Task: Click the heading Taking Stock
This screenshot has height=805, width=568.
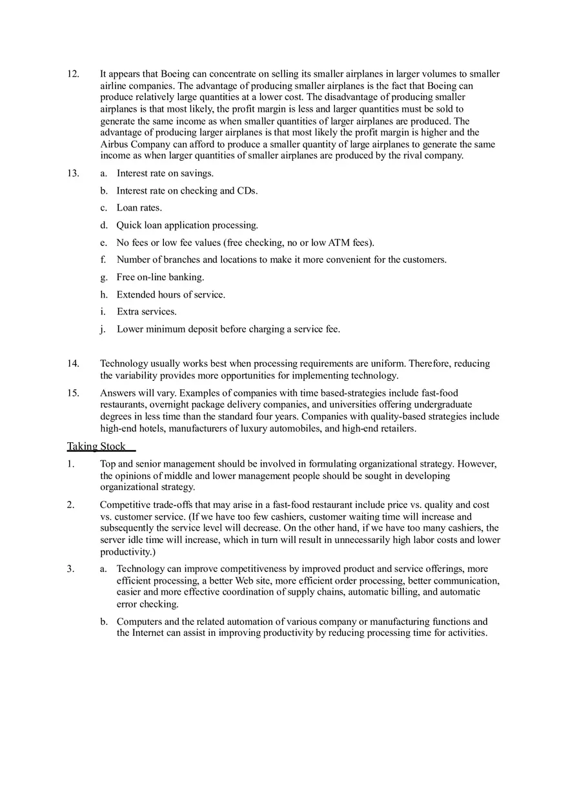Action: pyautogui.click(x=96, y=446)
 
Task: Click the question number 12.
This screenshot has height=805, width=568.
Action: pyautogui.click(x=73, y=74)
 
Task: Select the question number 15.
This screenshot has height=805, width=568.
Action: pyautogui.click(x=73, y=392)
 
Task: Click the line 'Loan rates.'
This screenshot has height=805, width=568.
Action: pyautogui.click(x=139, y=208)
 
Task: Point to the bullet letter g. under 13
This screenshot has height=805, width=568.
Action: pyautogui.click(x=103, y=277)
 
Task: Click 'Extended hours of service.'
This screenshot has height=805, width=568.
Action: pyautogui.click(x=170, y=294)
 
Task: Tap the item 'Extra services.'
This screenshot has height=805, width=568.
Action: pyautogui.click(x=147, y=311)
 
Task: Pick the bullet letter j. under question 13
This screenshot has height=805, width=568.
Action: pyautogui.click(x=103, y=329)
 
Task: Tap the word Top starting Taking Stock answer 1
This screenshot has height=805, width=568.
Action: pyautogui.click(x=108, y=464)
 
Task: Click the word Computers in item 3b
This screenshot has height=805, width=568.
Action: pyautogui.click(x=139, y=622)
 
